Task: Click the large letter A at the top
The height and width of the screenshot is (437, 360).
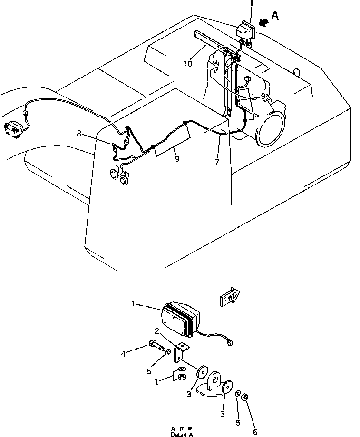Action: point(274,17)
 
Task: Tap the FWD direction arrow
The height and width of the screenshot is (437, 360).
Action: point(230,298)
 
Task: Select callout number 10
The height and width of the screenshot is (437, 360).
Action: point(188,63)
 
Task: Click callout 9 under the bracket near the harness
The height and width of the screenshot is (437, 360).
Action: point(177,159)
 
